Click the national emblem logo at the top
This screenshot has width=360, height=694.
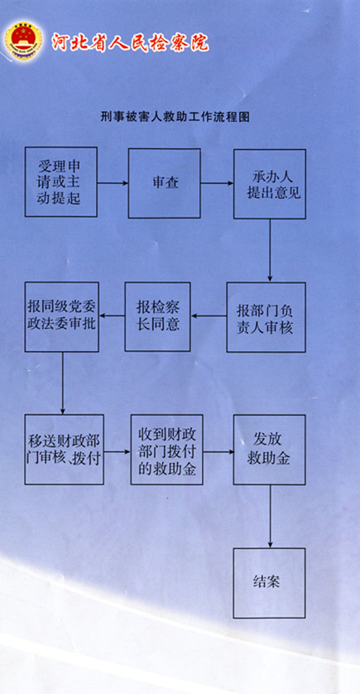point(24,41)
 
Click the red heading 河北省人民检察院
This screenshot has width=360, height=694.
point(130,42)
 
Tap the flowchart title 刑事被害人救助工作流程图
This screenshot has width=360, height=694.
point(175,117)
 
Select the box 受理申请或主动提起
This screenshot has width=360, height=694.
point(61,182)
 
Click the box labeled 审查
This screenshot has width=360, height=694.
point(165,183)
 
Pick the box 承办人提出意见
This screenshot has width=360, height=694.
point(270,184)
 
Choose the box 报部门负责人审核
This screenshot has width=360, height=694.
point(266,317)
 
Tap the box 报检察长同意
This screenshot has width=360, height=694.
point(158,317)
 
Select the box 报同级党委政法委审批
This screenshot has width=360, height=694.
point(62,317)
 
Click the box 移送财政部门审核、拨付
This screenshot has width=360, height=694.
point(65,449)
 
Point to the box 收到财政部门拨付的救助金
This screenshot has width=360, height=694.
point(167,449)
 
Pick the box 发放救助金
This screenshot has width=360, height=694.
point(269,450)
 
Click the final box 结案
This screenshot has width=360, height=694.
point(269,583)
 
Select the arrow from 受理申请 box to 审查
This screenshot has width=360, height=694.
point(113,183)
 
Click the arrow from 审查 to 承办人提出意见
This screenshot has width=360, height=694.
point(217,183)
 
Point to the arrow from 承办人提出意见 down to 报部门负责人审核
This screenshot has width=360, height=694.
point(271,250)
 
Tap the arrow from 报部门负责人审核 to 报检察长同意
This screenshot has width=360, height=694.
point(209,316)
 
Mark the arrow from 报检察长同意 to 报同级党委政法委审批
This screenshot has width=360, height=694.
point(112,316)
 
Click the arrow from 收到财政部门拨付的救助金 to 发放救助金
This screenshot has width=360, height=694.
point(218,452)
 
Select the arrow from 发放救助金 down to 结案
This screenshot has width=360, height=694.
point(271,516)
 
